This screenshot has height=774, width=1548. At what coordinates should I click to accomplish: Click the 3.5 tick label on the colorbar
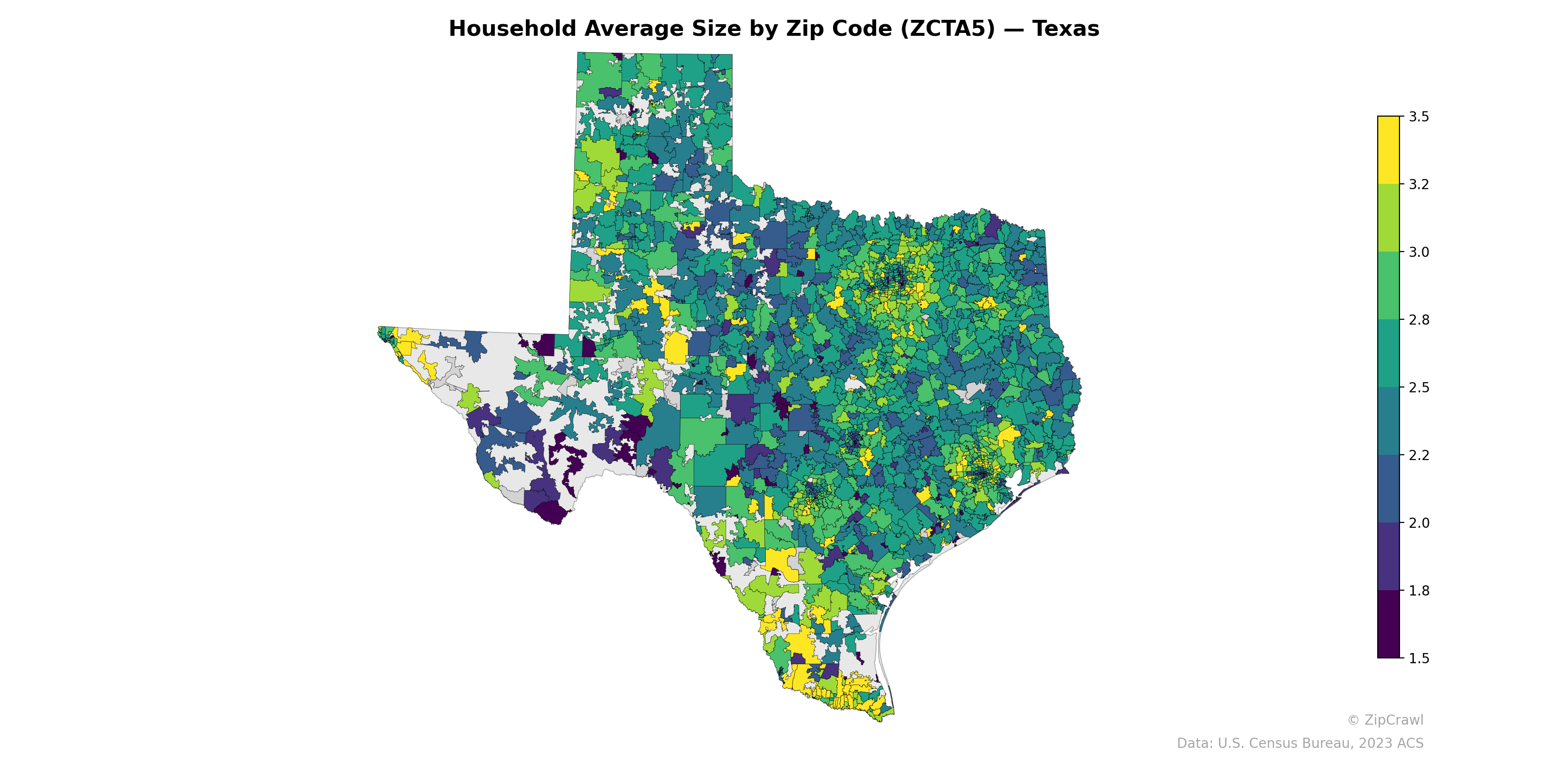pyautogui.click(x=1419, y=117)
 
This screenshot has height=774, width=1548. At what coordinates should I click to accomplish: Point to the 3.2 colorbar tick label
pyautogui.click(x=1419, y=184)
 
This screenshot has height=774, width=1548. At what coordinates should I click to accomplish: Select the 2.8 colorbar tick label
pyautogui.click(x=1419, y=320)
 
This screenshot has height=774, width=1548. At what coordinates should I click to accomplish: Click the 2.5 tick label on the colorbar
pyautogui.click(x=1419, y=387)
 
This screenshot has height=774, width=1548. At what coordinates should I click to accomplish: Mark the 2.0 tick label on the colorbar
pyautogui.click(x=1419, y=523)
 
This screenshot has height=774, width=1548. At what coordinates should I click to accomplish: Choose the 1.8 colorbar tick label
pyautogui.click(x=1419, y=591)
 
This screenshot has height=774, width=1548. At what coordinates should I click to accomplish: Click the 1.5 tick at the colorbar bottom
pyautogui.click(x=1419, y=658)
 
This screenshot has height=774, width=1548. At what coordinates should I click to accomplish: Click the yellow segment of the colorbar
pyautogui.click(x=1388, y=150)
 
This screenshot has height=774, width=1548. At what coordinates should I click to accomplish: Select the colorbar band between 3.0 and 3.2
pyautogui.click(x=1388, y=218)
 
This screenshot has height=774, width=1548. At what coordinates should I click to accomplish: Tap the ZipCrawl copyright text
pyautogui.click(x=1385, y=720)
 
